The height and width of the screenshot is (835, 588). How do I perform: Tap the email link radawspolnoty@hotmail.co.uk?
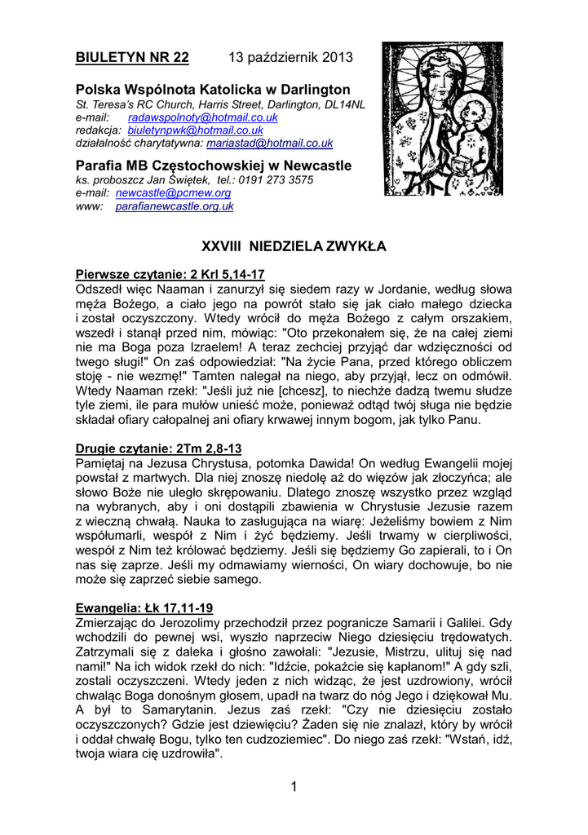203,117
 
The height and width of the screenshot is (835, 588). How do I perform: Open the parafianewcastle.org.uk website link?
175,206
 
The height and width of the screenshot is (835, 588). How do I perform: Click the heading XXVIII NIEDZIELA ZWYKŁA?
294,245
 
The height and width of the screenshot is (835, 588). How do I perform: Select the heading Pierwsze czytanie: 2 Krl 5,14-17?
170,274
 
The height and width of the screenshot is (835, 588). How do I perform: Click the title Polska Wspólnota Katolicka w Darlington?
213,89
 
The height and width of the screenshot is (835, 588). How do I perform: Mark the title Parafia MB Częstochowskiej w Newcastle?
214,166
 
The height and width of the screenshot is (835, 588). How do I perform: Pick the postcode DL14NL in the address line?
344,104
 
